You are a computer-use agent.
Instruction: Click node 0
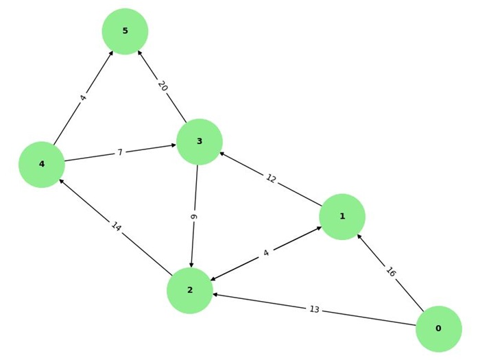[x=438, y=328]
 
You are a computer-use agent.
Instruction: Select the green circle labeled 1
[x=341, y=217]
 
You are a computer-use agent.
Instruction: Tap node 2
[x=190, y=290]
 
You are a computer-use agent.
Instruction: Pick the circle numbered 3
[x=200, y=142]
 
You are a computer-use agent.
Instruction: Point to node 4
[x=42, y=165]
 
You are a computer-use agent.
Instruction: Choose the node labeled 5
[x=125, y=32]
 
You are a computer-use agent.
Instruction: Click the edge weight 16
[x=391, y=272]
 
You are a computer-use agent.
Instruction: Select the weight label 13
[x=314, y=309]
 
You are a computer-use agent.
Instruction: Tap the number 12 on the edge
[x=271, y=179]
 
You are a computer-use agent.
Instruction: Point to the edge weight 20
[x=162, y=86]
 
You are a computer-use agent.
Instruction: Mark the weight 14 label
[x=116, y=227]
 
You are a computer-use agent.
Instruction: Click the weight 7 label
[x=120, y=152]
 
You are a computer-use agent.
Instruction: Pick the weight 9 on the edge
[x=195, y=216]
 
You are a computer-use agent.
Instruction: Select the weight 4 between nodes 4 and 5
[x=83, y=98]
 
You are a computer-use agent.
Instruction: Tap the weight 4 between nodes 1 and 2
[x=266, y=253]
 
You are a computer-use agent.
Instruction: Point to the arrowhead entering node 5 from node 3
[x=139, y=53]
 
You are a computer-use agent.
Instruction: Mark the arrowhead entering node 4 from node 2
[x=62, y=181]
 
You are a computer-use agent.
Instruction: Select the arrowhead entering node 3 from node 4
[x=173, y=145]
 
